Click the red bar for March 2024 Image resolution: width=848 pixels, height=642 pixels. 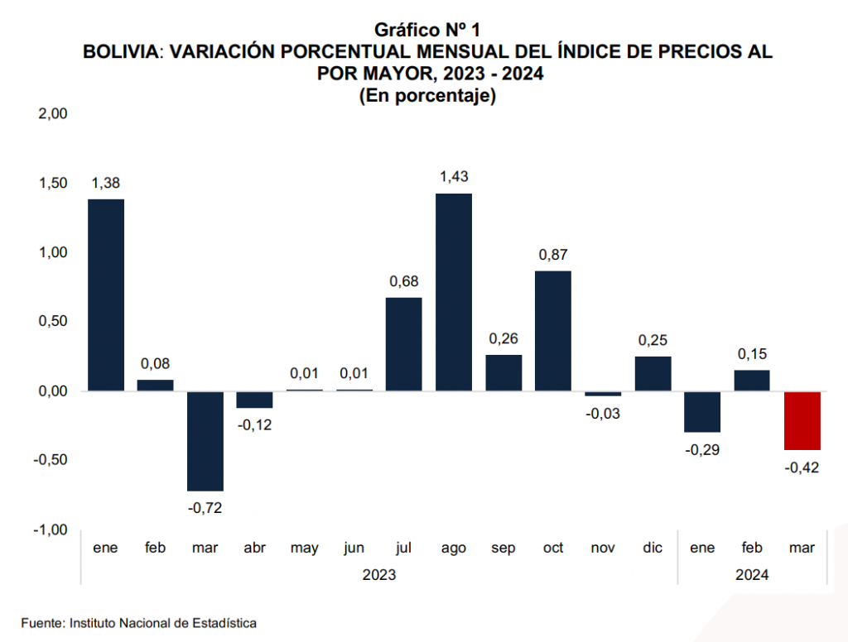tap(802, 420)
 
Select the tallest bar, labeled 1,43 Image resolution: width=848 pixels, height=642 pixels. tap(454, 292)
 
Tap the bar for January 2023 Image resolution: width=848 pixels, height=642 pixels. tap(106, 295)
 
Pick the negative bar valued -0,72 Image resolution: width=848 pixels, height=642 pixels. tap(205, 441)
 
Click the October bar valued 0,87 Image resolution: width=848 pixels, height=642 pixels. tap(553, 331)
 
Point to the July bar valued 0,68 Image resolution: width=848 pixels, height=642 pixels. tap(404, 344)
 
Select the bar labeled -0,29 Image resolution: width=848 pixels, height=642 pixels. tap(702, 411)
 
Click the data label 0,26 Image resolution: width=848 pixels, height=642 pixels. tap(503, 339)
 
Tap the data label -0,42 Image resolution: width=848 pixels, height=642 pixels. tap(802, 467)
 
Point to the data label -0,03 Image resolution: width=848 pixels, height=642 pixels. tap(603, 414)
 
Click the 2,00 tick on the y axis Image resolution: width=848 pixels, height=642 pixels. tap(52, 113)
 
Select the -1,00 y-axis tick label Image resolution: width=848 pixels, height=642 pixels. tap(50, 529)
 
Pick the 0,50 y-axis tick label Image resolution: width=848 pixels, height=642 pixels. tap(52, 322)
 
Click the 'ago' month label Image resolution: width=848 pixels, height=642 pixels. tap(454, 548)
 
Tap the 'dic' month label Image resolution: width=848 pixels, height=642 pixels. tap(653, 548)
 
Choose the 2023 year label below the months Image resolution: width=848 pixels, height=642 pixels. tap(379, 574)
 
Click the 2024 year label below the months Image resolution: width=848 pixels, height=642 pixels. tap(752, 574)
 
